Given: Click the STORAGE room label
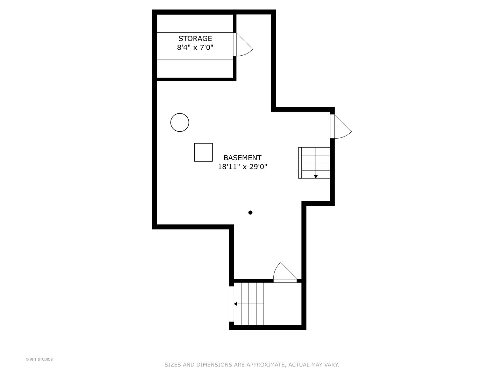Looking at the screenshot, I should (195, 38).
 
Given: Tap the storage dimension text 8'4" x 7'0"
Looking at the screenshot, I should (195, 48).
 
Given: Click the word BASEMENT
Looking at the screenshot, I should (242, 158).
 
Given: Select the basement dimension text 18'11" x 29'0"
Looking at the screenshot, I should (242, 167).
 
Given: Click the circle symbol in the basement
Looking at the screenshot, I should (180, 122).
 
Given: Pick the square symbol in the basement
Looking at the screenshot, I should (203, 152).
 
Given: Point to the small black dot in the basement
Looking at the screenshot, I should (250, 212).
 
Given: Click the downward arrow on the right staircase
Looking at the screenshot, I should (316, 176).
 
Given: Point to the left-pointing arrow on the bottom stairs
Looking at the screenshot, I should (236, 304).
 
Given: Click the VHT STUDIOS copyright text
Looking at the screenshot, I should (39, 359).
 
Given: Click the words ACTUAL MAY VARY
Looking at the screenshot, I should (314, 365).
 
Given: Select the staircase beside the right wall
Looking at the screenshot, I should (314, 163).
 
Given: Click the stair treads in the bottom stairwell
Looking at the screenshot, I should (249, 304).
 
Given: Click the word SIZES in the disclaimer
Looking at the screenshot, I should (173, 365).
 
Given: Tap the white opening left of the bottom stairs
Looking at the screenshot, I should (231, 304).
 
